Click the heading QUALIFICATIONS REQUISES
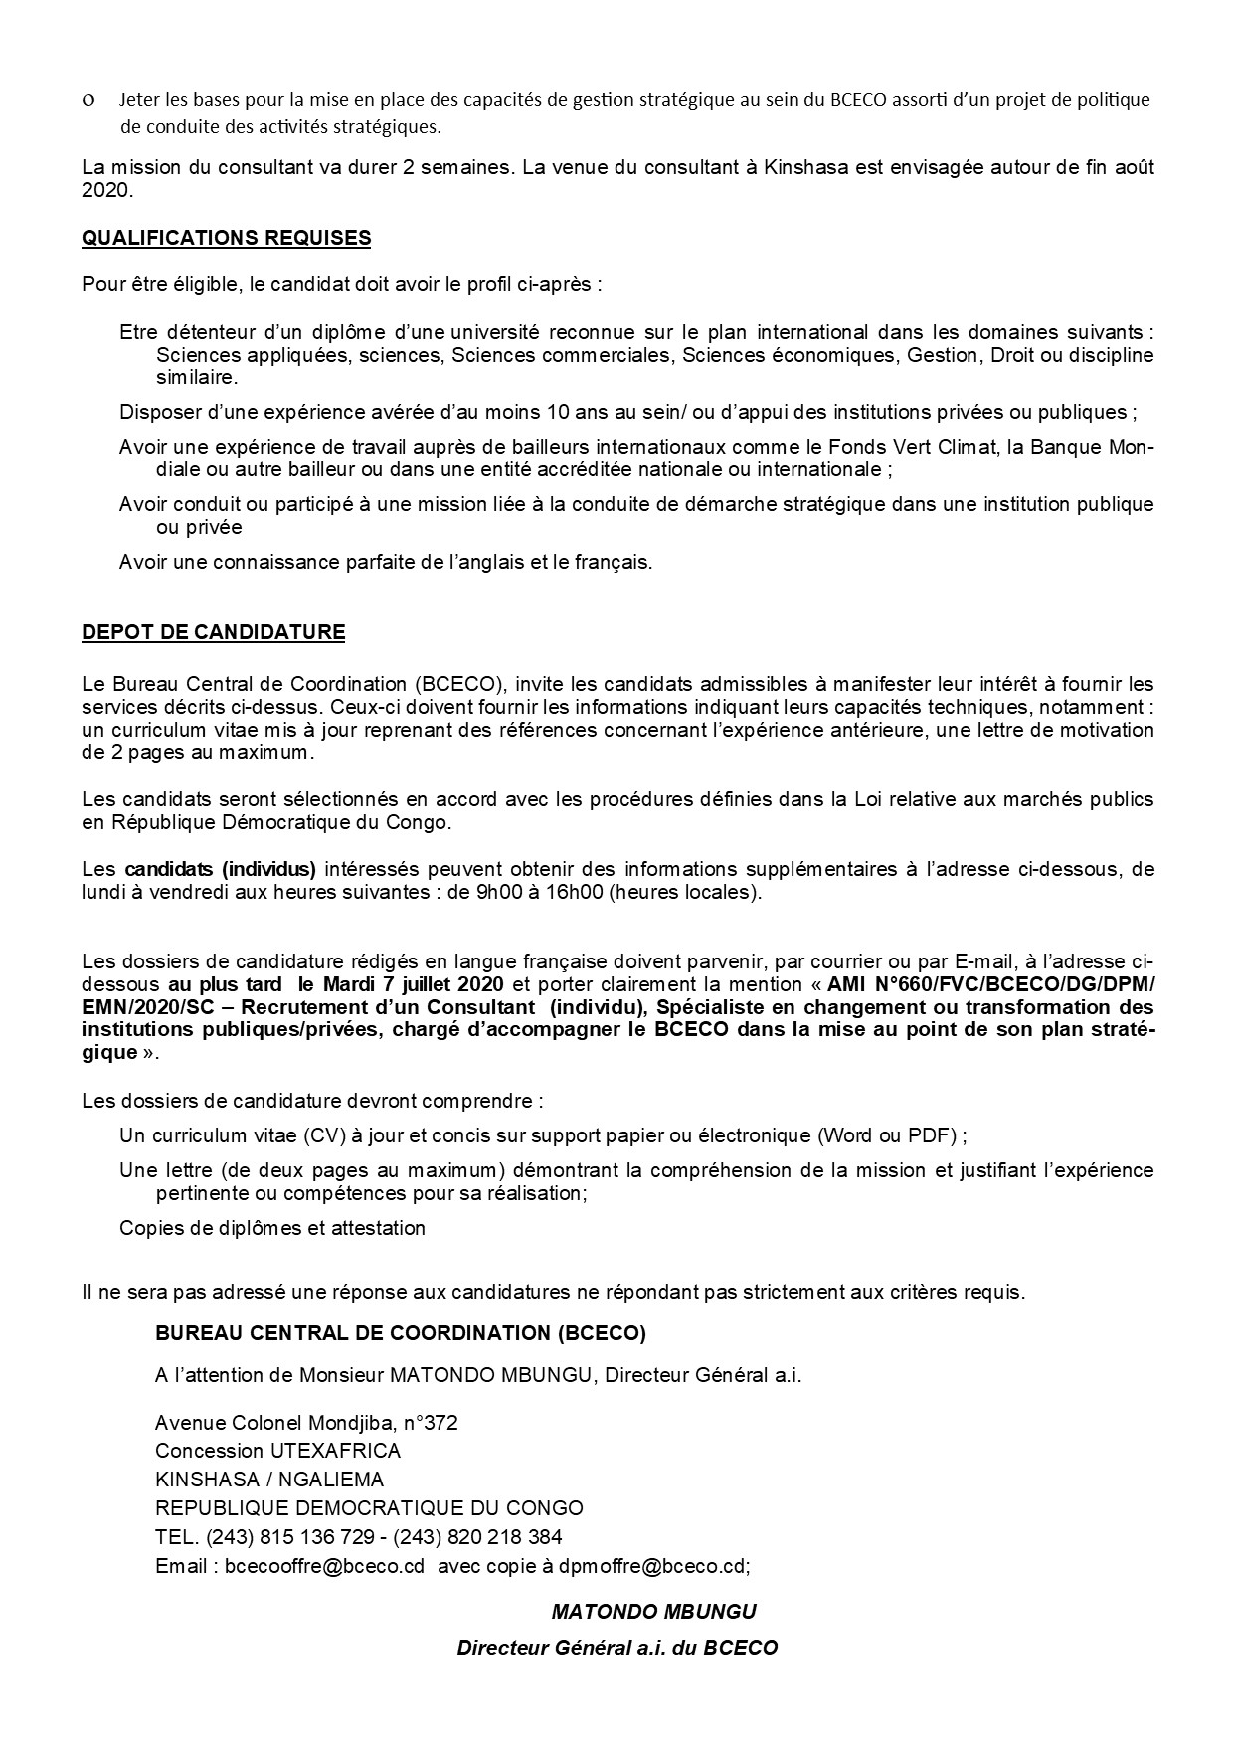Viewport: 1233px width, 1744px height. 226,238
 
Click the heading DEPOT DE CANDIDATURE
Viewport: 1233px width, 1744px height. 213,632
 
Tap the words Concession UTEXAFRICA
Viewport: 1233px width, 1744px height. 277,1451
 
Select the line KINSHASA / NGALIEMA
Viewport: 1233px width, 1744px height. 269,1480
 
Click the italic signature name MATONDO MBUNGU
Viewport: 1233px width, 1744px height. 654,1611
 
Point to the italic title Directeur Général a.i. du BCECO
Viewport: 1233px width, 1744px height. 616,1647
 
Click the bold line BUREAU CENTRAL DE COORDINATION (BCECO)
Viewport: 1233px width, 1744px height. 400,1333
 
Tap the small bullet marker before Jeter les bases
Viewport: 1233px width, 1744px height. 89,100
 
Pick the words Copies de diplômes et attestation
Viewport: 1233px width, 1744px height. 271,1228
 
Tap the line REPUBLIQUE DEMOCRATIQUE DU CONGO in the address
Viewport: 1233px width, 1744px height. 369,1507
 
